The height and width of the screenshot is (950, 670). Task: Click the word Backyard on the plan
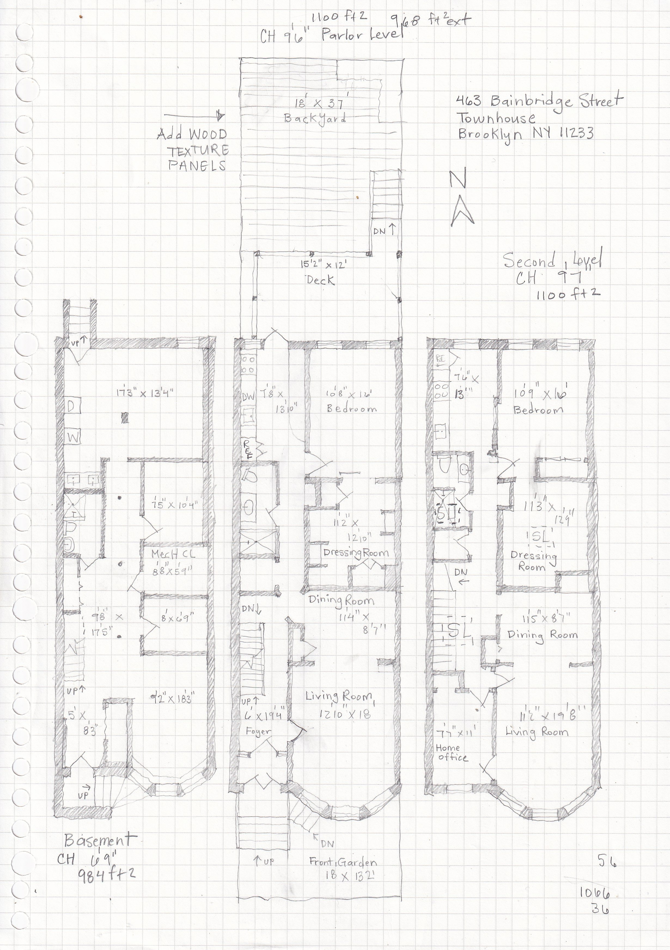coord(315,118)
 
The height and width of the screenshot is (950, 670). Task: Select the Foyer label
coord(258,731)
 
